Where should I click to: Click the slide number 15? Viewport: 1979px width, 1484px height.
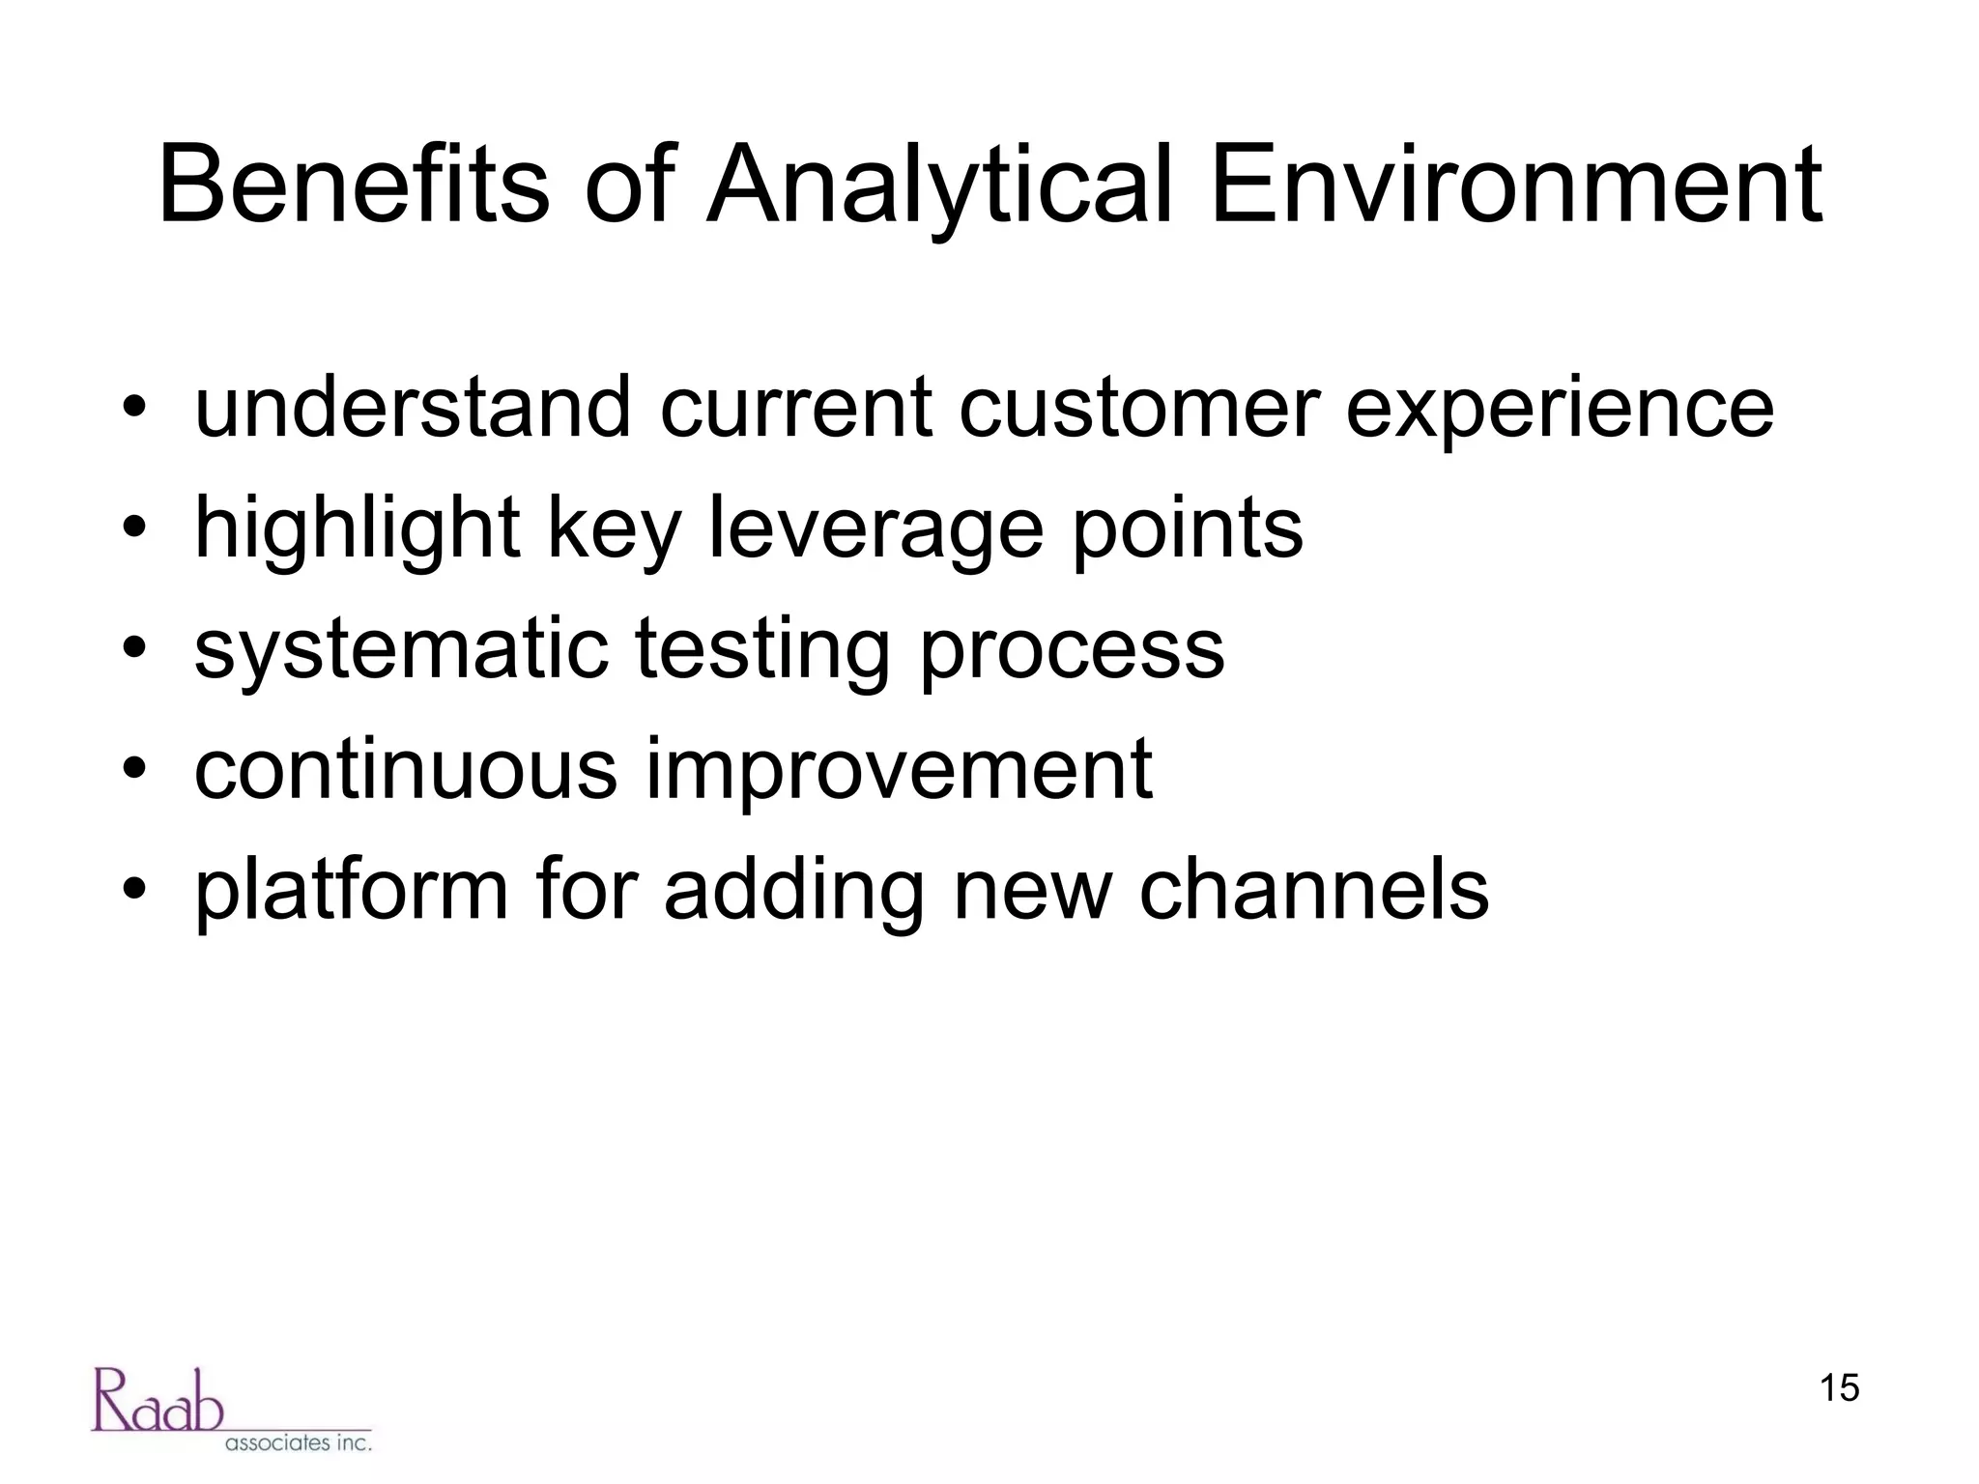(1839, 1388)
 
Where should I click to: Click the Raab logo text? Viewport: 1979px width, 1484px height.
(158, 1400)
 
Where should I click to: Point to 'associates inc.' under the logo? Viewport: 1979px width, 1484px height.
(298, 1443)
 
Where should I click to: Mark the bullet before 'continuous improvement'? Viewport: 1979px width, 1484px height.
(134, 769)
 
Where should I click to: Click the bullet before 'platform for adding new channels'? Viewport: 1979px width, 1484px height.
(134, 890)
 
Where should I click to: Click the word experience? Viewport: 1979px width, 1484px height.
(1560, 410)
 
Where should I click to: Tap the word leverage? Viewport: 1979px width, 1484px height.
(875, 529)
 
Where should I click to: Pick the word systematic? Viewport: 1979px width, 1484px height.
(401, 650)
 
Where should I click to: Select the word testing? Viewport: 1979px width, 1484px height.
(761, 650)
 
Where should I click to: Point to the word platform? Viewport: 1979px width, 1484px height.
(351, 890)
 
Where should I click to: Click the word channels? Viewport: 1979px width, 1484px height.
(1313, 890)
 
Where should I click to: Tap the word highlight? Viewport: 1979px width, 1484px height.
(357, 529)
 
